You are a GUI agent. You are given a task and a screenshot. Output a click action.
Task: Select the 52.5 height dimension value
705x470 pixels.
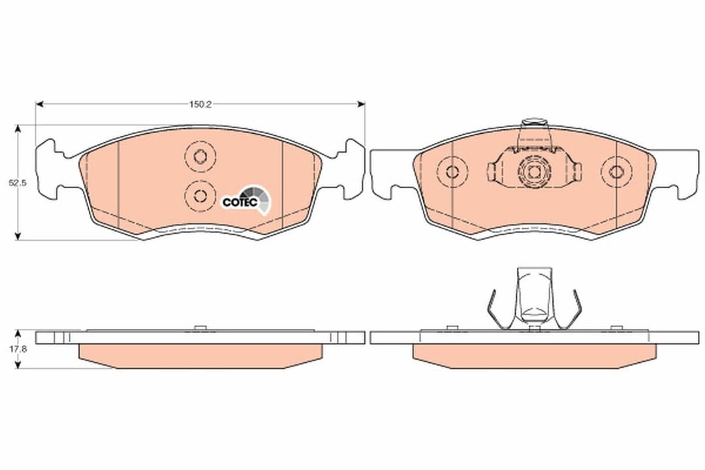17,183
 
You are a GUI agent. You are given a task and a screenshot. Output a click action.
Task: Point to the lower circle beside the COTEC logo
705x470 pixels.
200,195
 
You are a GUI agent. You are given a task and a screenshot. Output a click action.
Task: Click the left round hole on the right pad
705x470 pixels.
452,172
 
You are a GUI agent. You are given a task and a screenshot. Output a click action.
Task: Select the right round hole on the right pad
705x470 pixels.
617,172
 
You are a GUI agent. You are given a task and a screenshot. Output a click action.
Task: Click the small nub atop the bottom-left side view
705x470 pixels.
200,328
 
